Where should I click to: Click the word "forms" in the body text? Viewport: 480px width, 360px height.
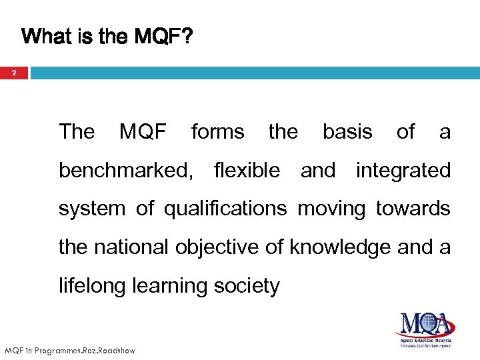click(217, 132)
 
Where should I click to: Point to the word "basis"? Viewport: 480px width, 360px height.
click(347, 132)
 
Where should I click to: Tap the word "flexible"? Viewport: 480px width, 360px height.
click(247, 171)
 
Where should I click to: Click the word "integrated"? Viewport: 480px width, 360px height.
click(403, 171)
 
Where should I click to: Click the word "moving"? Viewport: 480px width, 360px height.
click(331, 209)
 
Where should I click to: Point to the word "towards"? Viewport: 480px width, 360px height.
click(413, 209)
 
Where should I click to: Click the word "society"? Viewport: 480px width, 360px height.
click(248, 286)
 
